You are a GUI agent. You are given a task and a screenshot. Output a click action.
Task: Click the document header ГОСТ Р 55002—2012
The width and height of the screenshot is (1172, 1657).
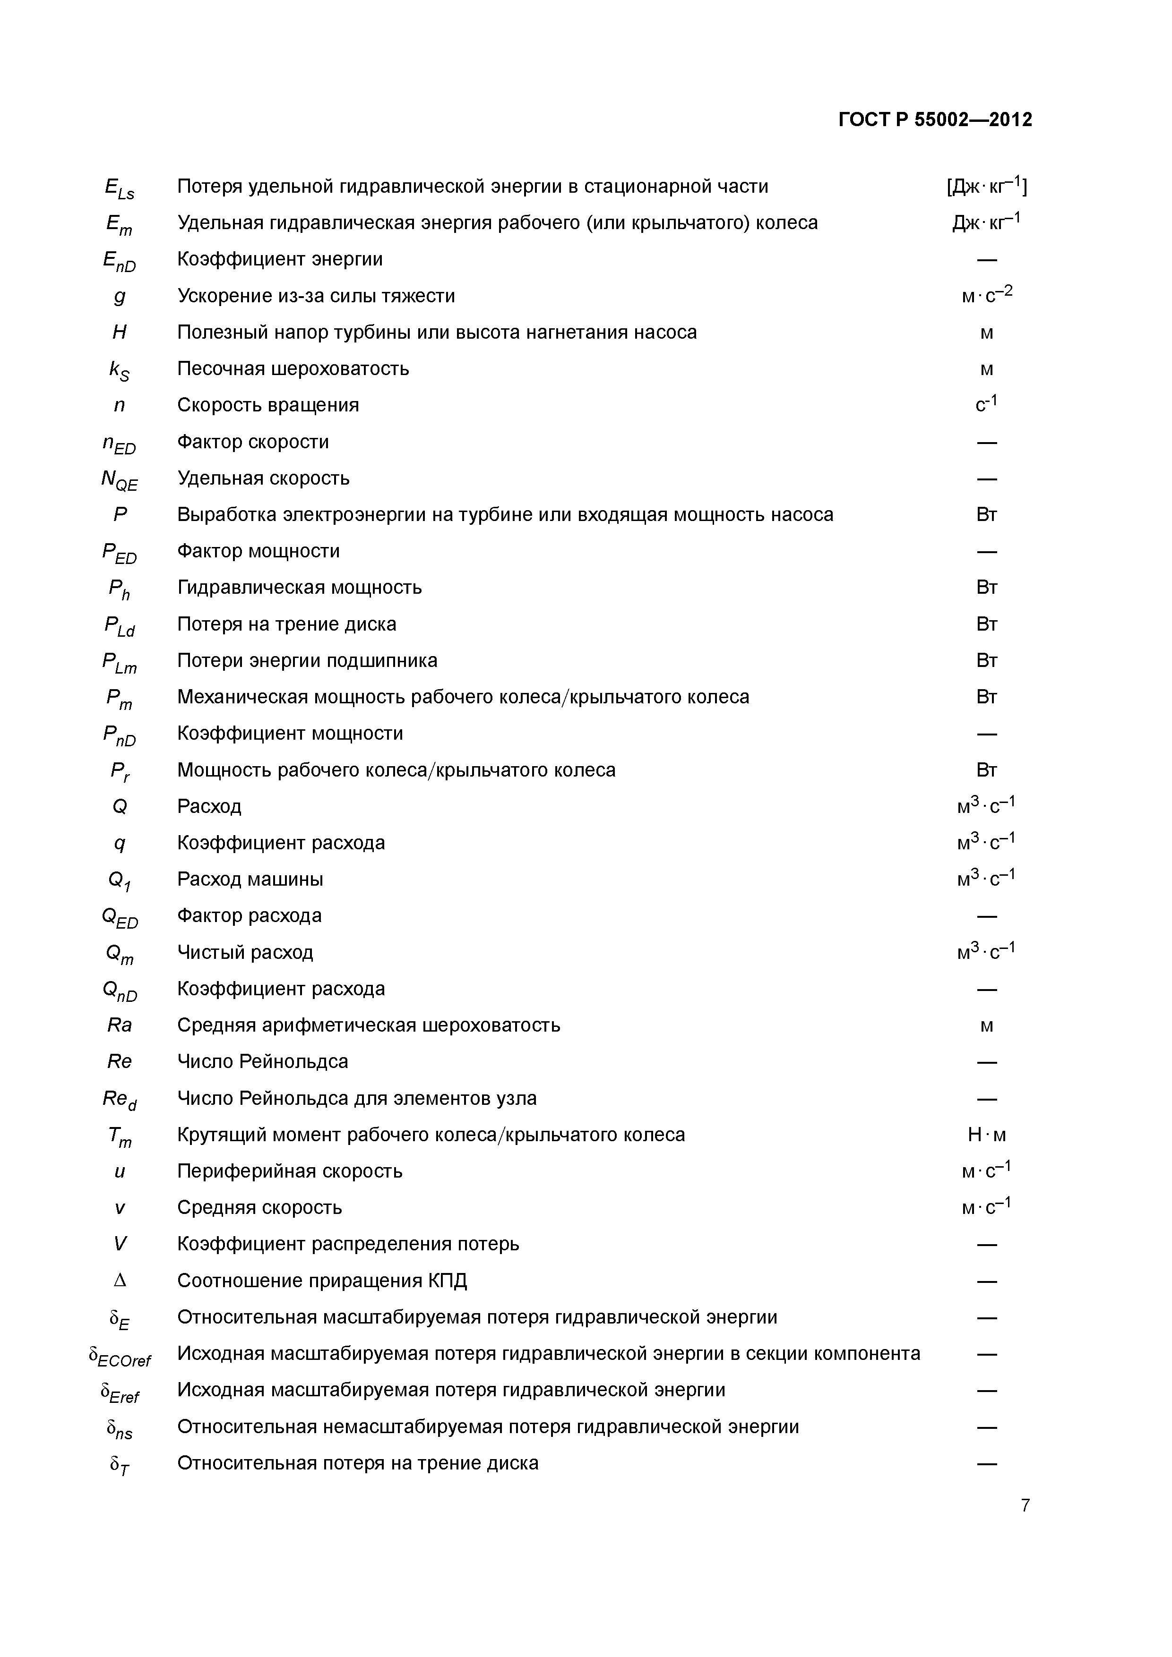pos(935,120)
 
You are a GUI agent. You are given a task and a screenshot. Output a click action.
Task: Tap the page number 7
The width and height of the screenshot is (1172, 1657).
pos(1025,1505)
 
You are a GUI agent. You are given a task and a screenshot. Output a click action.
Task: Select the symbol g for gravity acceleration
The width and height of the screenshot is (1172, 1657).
pos(120,297)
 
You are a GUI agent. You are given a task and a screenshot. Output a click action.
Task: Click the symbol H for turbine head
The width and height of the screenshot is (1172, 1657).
pos(120,332)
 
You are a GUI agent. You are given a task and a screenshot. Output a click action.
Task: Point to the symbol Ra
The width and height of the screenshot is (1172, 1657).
pos(120,1025)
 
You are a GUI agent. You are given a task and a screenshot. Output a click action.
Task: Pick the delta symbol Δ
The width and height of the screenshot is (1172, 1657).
pos(120,1280)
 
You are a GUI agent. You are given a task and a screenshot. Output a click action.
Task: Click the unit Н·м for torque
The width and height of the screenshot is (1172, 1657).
pos(986,1135)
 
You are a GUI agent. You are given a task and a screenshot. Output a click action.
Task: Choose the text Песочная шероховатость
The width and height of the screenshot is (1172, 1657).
pos(293,369)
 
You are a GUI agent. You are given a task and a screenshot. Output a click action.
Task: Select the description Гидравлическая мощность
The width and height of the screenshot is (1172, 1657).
pos(300,588)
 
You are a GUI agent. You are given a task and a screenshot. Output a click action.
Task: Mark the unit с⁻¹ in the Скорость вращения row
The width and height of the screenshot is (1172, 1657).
pos(986,404)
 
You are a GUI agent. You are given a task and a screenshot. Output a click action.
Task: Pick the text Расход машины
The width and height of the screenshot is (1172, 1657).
pos(250,879)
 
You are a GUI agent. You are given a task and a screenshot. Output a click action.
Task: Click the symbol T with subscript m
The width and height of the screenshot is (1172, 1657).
pos(120,1136)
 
